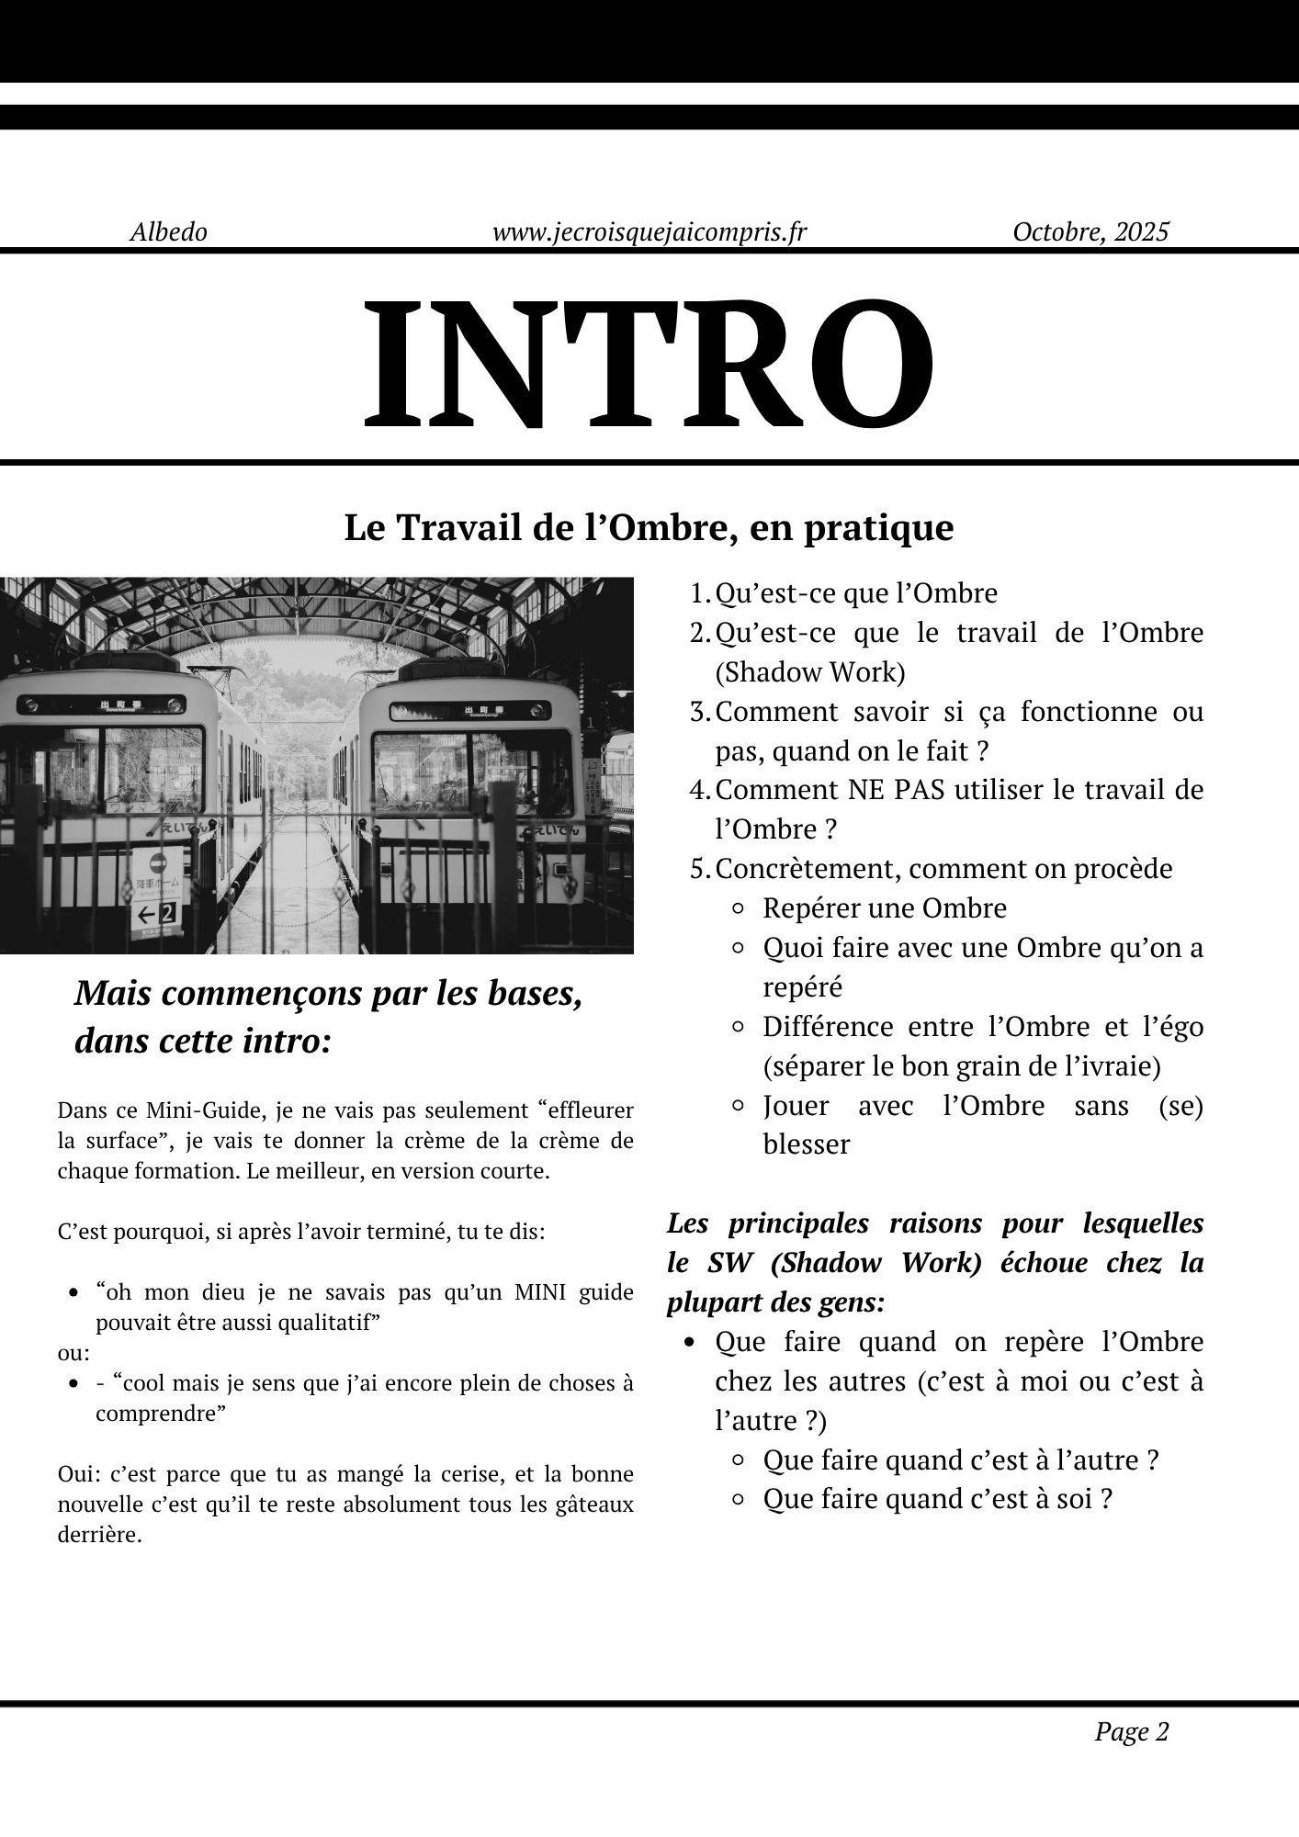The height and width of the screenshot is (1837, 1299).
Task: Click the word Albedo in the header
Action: coord(168,231)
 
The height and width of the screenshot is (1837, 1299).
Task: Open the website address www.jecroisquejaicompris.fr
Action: coord(649,231)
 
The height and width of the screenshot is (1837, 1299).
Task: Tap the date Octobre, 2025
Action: coord(1090,231)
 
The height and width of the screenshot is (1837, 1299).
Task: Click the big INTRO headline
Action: coord(649,364)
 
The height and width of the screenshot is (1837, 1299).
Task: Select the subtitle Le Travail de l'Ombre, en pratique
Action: coord(649,528)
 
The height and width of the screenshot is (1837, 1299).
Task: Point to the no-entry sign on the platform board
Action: coord(156,863)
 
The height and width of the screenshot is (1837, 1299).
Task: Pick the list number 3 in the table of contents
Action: coord(699,712)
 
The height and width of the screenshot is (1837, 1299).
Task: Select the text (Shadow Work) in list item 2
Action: coord(810,672)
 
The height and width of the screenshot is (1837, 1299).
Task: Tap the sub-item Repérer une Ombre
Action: coord(884,908)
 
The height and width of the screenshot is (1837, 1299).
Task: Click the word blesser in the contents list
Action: coord(806,1144)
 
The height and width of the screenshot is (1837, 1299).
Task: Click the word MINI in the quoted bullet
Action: coord(540,1292)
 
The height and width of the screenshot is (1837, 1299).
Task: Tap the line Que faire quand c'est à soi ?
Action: coord(937,1499)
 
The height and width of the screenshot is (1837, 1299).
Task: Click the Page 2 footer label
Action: coord(1131,1732)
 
